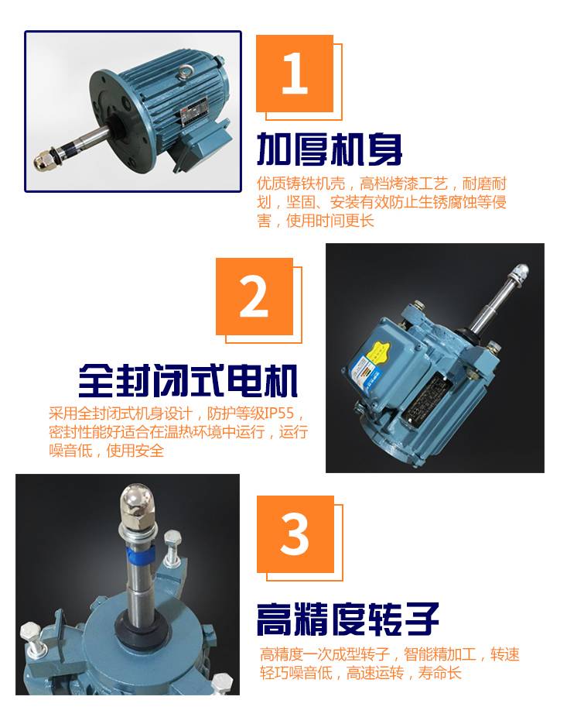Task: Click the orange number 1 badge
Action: tap(295, 74)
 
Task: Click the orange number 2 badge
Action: tap(254, 297)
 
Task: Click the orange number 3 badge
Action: tap(295, 534)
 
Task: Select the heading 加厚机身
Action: tap(330, 149)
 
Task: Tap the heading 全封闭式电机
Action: tap(188, 380)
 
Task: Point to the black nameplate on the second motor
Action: tap(428, 396)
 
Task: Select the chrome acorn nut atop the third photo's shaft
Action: tap(137, 502)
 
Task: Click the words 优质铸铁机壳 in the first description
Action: tap(301, 184)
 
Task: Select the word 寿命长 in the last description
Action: tap(439, 672)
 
